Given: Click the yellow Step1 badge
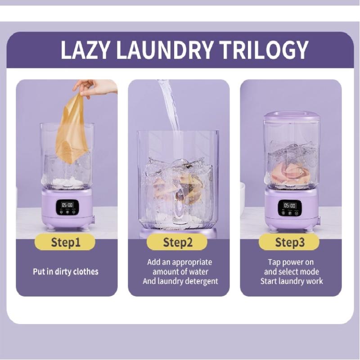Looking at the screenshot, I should pyautogui.click(x=65, y=243).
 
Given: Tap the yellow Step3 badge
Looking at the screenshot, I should pyautogui.click(x=289, y=243).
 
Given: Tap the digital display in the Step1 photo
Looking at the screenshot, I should pyautogui.click(x=67, y=205).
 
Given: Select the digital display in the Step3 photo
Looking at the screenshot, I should pyautogui.click(x=287, y=205).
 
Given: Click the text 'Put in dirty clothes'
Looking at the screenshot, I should pyautogui.click(x=65, y=272).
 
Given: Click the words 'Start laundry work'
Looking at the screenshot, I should pyautogui.click(x=292, y=281).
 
